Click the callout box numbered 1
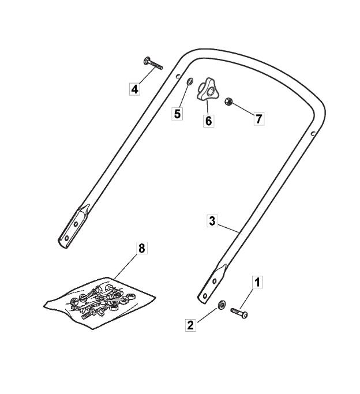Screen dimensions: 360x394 pyautogui.click(x=257, y=282)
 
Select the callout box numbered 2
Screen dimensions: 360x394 pyautogui.click(x=190, y=325)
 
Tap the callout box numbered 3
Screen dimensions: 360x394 pyautogui.click(x=212, y=221)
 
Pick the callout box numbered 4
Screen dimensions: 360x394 pyautogui.click(x=134, y=89)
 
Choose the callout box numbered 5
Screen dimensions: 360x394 pyautogui.click(x=177, y=114)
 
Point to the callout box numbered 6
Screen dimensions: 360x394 pyautogui.click(x=208, y=121)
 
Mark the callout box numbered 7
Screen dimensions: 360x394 pyautogui.click(x=259, y=119)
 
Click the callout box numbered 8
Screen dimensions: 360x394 pyautogui.click(x=142, y=248)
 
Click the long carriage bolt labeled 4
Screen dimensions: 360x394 pyautogui.click(x=153, y=63)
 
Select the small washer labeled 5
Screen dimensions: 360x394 pyautogui.click(x=190, y=81)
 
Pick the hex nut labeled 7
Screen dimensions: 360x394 pyautogui.click(x=228, y=102)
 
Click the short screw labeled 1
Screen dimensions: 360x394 pyautogui.click(x=239, y=313)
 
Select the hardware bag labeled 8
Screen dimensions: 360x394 pyautogui.click(x=100, y=303)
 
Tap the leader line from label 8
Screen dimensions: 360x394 pyautogui.click(x=126, y=267)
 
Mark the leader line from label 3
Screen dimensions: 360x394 pyautogui.click(x=228, y=227)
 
